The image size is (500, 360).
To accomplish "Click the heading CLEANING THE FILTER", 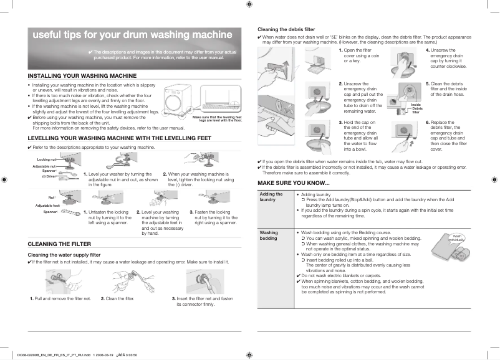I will click(60, 244).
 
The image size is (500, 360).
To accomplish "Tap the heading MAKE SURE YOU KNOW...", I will click(294, 182).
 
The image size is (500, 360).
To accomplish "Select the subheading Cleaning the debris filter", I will click(286, 29).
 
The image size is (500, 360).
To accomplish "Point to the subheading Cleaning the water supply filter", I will click(65, 255).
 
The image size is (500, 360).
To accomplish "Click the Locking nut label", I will click(47, 161).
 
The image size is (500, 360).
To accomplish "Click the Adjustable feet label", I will click(47, 206).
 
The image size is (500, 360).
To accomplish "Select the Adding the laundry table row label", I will click(271, 197).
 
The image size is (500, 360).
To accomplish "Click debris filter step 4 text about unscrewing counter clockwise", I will click(443, 60).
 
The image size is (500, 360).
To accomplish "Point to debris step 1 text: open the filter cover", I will click(356, 55).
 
